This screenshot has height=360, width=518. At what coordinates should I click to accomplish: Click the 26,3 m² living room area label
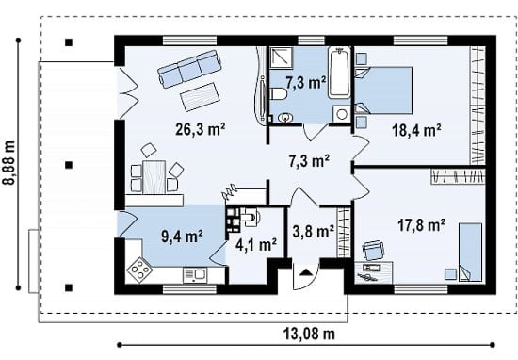[201, 129]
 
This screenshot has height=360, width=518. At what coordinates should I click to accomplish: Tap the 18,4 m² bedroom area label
[416, 130]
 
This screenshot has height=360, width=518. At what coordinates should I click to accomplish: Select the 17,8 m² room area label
[421, 225]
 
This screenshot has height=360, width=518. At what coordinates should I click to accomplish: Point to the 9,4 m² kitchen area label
[182, 236]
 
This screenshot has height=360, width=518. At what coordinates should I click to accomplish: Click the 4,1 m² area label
[256, 245]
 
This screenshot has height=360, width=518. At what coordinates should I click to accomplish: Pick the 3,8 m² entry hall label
[314, 232]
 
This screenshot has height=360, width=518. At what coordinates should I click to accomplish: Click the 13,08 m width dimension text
[309, 334]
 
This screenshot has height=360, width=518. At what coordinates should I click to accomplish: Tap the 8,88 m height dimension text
[9, 162]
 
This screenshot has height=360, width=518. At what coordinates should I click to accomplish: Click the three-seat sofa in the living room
[189, 68]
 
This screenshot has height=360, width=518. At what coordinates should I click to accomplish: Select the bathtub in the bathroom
[340, 73]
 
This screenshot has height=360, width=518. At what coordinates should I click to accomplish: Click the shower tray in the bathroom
[282, 57]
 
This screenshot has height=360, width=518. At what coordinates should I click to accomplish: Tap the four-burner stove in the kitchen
[139, 270]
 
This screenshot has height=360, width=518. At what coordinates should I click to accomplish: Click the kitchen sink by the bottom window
[195, 275]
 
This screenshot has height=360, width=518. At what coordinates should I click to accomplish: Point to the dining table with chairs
[154, 174]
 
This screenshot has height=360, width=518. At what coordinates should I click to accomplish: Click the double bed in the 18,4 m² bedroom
[383, 90]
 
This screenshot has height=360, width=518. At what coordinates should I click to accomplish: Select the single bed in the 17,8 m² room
[470, 252]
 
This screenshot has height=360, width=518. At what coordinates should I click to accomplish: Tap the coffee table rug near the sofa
[200, 97]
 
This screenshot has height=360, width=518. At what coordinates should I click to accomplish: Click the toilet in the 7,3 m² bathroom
[279, 93]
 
